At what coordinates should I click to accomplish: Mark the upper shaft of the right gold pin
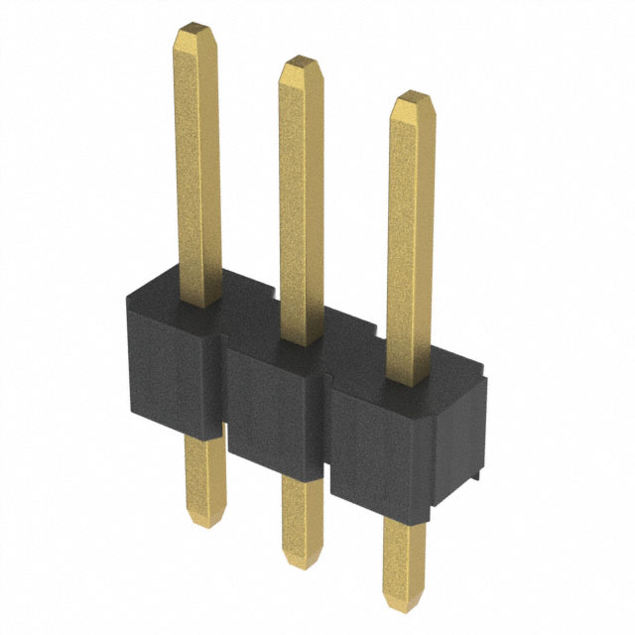coord(411,238)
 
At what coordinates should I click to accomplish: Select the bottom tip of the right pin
coord(404,600)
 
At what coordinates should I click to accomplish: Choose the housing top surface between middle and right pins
coord(357,342)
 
